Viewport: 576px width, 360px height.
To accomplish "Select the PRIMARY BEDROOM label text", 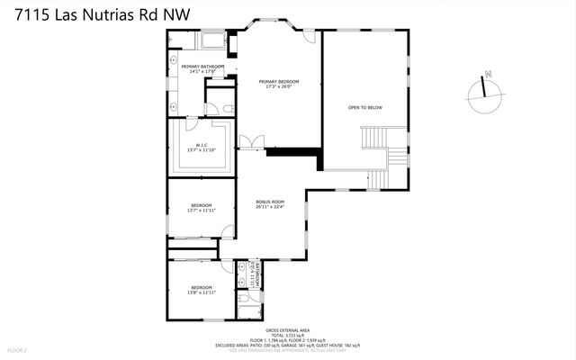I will pyautogui.click(x=278, y=82).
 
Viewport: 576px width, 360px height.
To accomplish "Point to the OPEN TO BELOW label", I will pyautogui.click(x=365, y=107).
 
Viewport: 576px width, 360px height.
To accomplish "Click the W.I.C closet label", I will pyautogui.click(x=202, y=145).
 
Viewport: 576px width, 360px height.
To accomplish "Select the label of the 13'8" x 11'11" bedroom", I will pyautogui.click(x=202, y=288).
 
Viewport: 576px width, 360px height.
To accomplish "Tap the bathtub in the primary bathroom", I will pyautogui.click(x=212, y=41).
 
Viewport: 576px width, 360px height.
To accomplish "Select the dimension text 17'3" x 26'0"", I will pyautogui.click(x=278, y=87).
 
